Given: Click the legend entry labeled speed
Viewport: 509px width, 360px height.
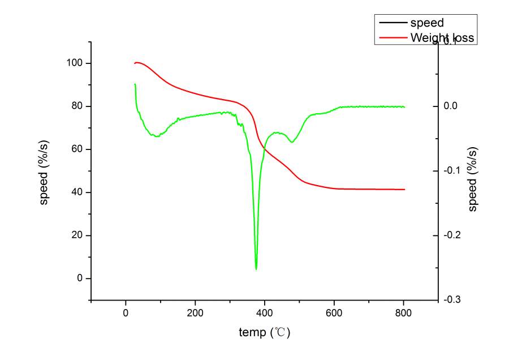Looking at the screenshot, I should [427, 23].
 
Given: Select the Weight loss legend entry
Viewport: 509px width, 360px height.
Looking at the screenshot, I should [442, 38].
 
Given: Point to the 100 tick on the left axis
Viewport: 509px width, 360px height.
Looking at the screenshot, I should [76, 63].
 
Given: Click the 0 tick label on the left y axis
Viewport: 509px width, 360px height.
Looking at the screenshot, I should [80, 278].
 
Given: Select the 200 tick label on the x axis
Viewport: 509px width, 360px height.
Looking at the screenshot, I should [195, 312].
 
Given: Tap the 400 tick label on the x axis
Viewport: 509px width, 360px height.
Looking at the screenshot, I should [264, 312].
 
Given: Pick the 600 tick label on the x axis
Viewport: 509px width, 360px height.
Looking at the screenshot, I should [334, 312].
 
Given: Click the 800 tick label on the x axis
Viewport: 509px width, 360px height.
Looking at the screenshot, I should [403, 312].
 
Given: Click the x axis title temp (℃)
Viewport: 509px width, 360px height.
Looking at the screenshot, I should [264, 332].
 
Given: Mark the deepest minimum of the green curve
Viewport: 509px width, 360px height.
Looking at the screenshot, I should [256, 269].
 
